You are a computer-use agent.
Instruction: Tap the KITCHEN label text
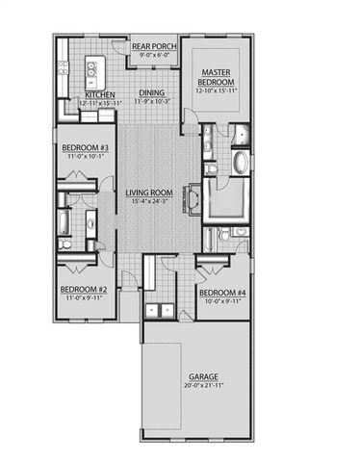tap(100, 95)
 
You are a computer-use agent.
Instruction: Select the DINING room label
tap(152, 93)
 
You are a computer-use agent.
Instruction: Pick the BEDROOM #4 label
tap(219, 292)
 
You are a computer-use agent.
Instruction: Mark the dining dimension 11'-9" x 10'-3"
tap(152, 101)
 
